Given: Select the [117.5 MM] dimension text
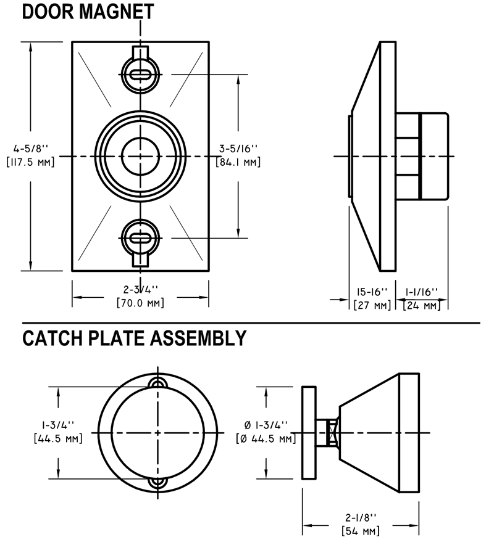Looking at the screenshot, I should [30, 162].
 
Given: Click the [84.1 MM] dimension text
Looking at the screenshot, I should [238, 162].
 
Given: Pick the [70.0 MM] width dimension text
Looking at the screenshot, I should [141, 303].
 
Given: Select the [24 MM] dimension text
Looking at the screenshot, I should [421, 305].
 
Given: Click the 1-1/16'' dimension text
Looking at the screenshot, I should [422, 291].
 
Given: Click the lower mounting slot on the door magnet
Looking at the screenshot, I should [141, 239].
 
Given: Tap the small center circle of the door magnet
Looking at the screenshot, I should [141, 157].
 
